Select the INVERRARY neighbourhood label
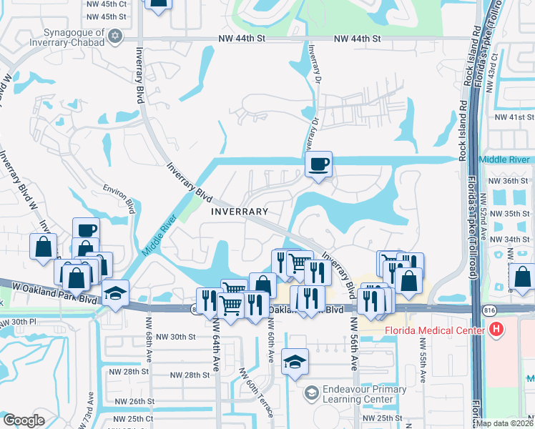point(240,212)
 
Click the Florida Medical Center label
point(436,330)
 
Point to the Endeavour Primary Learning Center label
point(355,394)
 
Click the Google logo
point(24,420)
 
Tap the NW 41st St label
point(514,117)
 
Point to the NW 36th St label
point(510,181)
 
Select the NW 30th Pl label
point(17,322)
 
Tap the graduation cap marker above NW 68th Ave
point(115,293)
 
